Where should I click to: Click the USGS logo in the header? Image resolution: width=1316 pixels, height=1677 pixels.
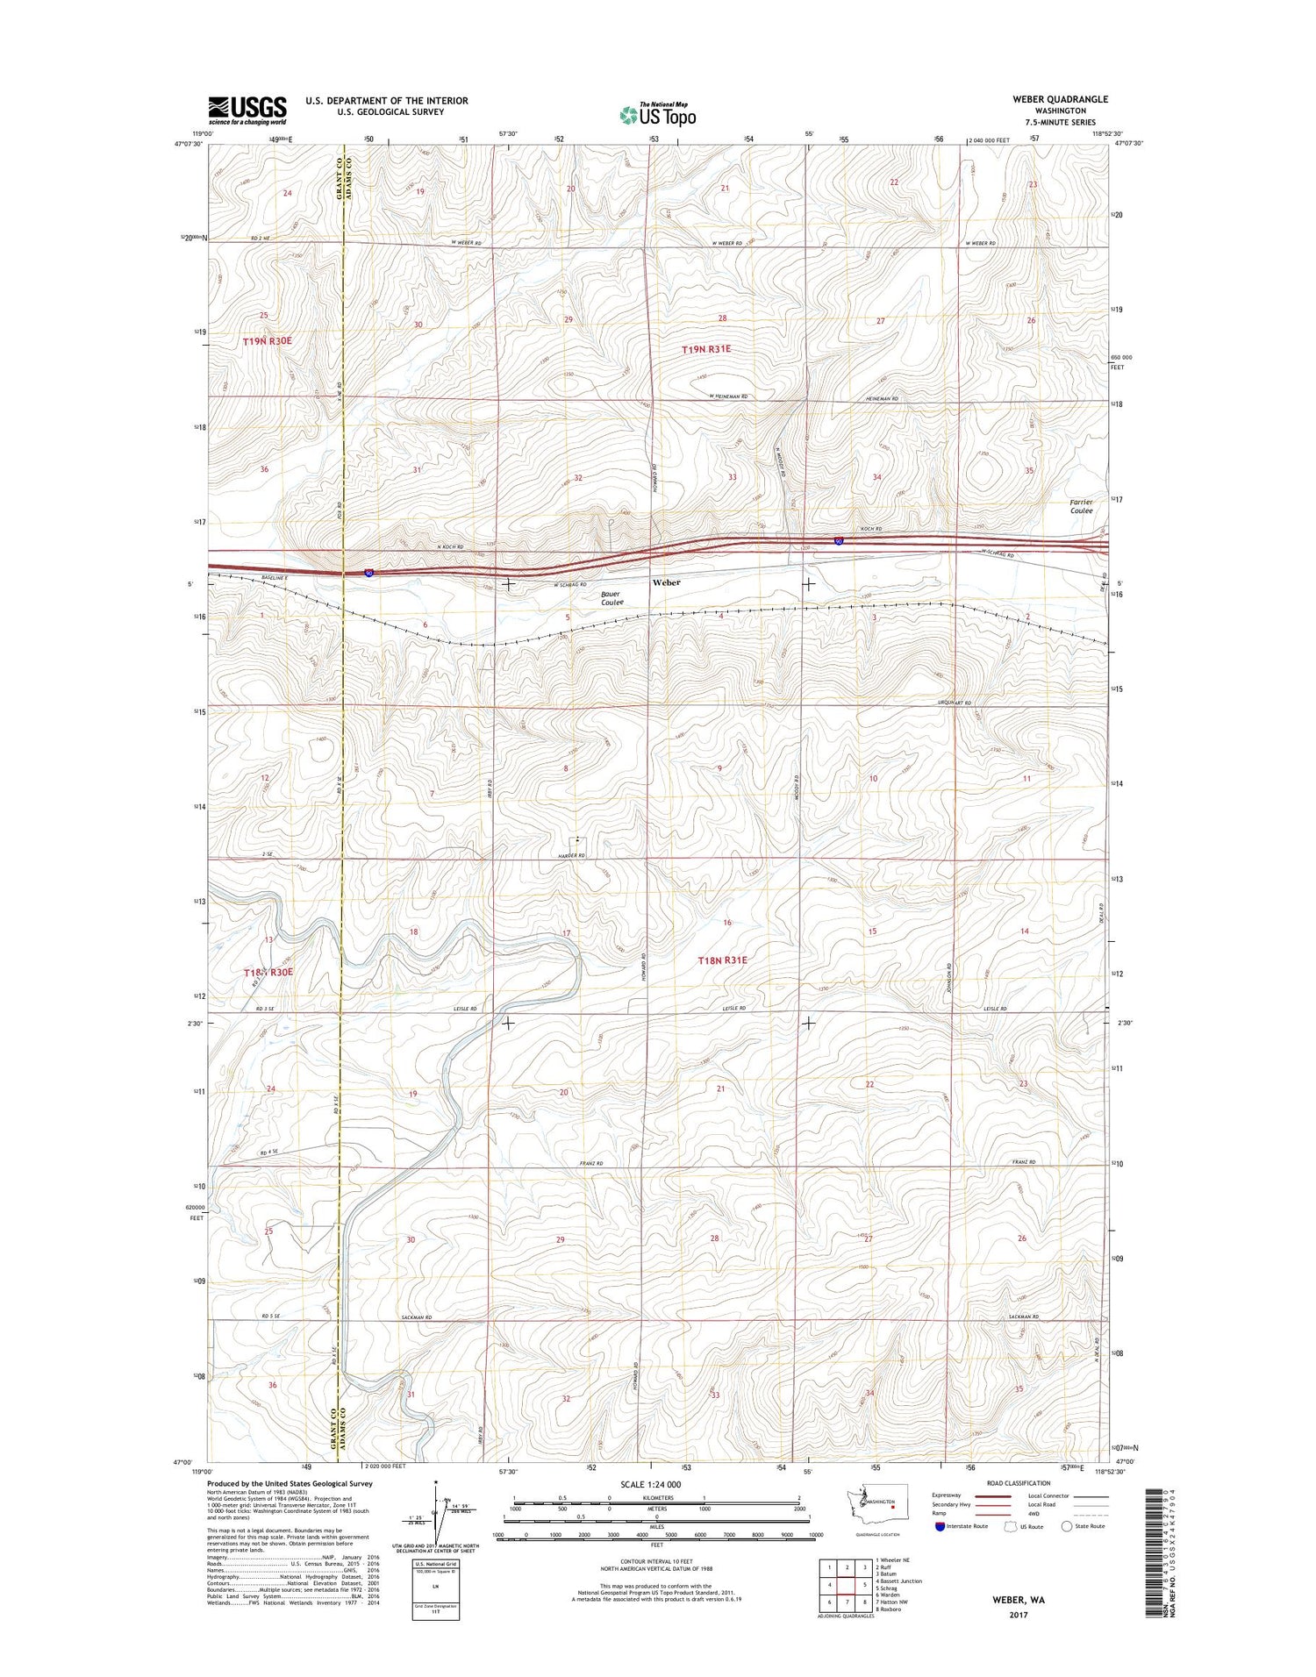(x=247, y=110)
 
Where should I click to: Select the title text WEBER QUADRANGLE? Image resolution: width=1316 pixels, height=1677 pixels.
(x=1060, y=99)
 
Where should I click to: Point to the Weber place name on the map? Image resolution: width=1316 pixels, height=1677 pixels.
(x=666, y=582)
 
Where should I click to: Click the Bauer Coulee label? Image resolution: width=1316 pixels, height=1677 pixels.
(x=612, y=598)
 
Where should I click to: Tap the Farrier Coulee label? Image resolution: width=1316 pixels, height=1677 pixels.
(x=1081, y=506)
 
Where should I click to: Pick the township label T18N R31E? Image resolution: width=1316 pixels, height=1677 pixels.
(x=722, y=960)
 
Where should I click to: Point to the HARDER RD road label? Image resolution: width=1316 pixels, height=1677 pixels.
(x=569, y=855)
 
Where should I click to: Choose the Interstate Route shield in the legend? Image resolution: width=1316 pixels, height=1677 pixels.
(x=941, y=1526)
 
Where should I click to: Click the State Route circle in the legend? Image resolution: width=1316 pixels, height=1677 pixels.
(x=1067, y=1526)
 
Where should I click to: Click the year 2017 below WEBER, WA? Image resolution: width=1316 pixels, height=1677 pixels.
(x=1019, y=1615)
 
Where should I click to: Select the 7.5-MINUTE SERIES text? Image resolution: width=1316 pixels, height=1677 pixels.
(x=1060, y=122)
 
